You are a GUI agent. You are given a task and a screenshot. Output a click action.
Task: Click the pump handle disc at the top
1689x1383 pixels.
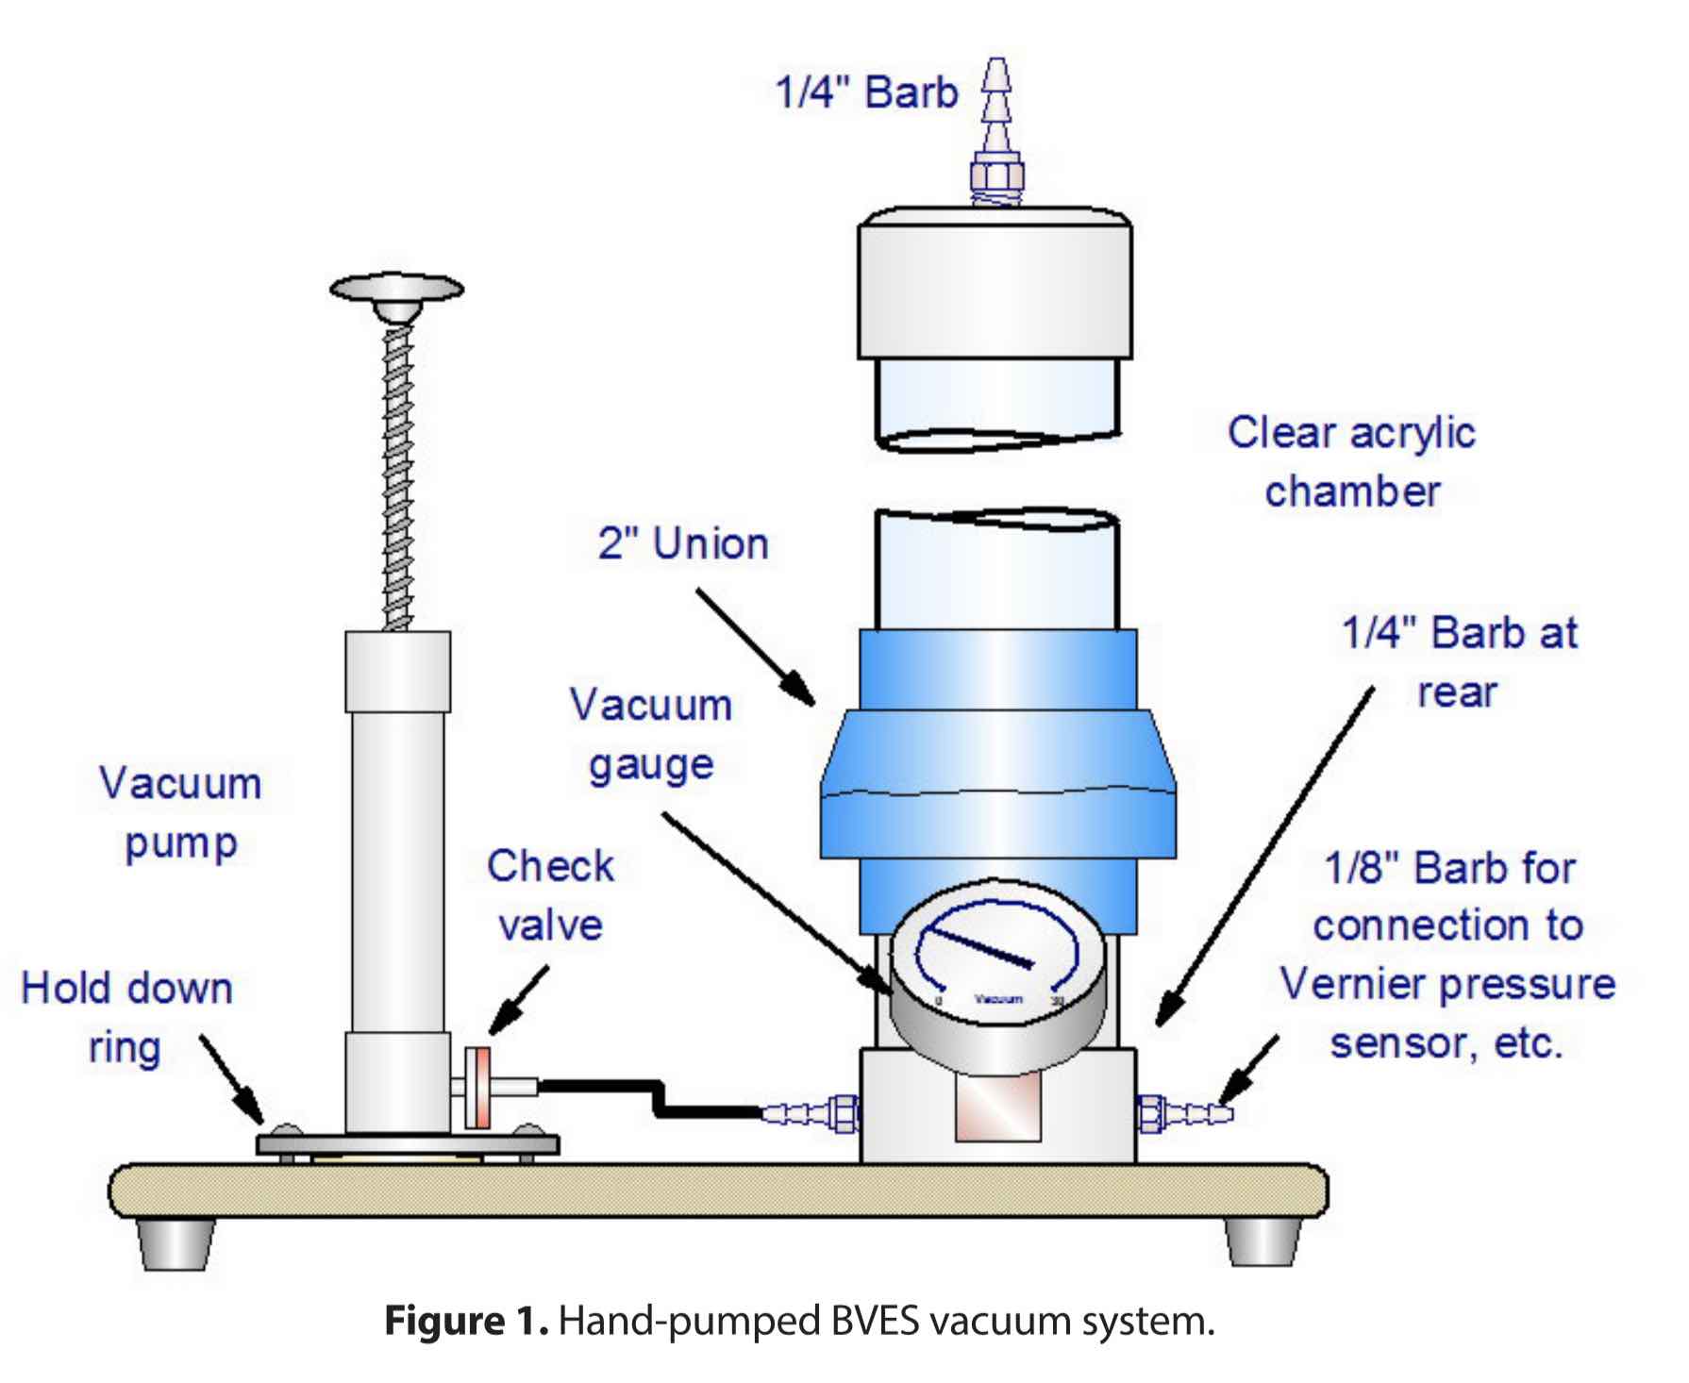pyautogui.click(x=396, y=287)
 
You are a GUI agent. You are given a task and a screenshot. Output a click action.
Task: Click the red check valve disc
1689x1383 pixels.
pyautogui.click(x=478, y=1088)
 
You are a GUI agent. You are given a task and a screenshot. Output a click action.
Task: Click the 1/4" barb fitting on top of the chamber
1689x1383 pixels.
pyautogui.click(x=997, y=132)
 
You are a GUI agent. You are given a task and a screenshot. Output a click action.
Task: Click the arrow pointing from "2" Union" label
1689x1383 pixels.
pyautogui.click(x=755, y=646)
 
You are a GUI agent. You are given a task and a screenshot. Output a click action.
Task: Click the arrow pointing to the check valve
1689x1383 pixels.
pyautogui.click(x=519, y=998)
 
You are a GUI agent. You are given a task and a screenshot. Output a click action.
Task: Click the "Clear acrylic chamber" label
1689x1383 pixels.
pyautogui.click(x=1351, y=462)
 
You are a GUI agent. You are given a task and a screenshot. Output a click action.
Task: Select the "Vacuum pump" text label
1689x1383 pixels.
pyautogui.click(x=180, y=813)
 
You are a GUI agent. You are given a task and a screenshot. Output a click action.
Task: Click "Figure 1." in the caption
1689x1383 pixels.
pyautogui.click(x=465, y=1321)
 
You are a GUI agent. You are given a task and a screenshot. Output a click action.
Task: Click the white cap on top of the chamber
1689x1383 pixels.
pyautogui.click(x=995, y=283)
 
